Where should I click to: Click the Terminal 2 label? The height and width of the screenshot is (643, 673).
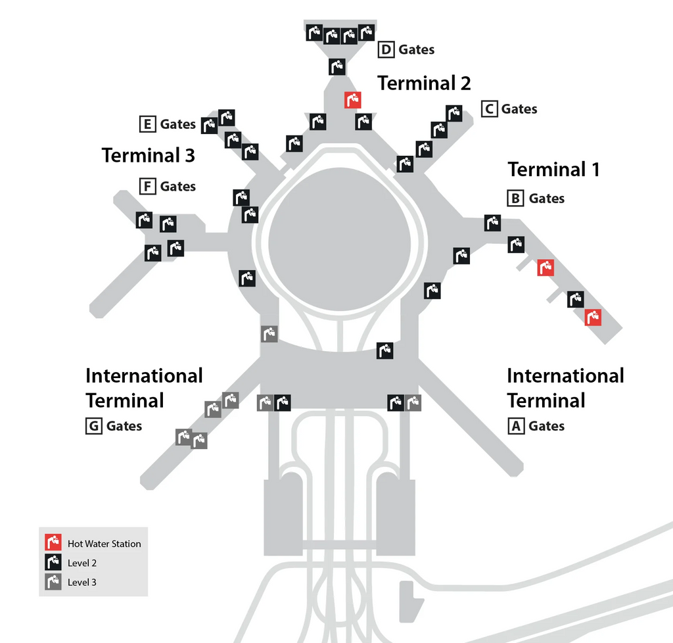[424, 83]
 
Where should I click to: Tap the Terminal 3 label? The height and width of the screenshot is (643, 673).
[148, 155]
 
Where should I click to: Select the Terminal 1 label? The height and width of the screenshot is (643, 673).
[553, 170]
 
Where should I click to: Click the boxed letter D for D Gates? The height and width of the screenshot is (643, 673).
[386, 50]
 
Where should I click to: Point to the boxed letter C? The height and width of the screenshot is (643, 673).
[489, 109]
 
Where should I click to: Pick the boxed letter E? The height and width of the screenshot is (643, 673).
[148, 124]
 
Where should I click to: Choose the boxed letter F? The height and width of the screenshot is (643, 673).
[148, 186]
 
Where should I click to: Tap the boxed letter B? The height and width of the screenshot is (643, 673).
[515, 199]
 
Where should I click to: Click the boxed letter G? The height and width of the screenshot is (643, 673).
[93, 426]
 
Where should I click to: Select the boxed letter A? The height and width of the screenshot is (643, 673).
[516, 426]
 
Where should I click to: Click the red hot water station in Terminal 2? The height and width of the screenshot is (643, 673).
[353, 100]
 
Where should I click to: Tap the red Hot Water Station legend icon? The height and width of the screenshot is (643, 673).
[53, 542]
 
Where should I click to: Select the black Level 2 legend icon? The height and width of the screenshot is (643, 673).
[53, 562]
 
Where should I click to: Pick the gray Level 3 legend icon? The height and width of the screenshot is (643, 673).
[53, 582]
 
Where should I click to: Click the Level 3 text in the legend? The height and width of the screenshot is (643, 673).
[82, 583]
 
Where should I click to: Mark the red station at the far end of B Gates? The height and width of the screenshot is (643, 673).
[593, 318]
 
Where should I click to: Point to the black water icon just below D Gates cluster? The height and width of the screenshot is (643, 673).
[337, 67]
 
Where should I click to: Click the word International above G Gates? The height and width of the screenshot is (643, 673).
[144, 376]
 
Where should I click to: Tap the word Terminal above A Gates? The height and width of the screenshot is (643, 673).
[546, 401]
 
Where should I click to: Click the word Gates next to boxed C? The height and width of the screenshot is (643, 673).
[519, 109]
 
